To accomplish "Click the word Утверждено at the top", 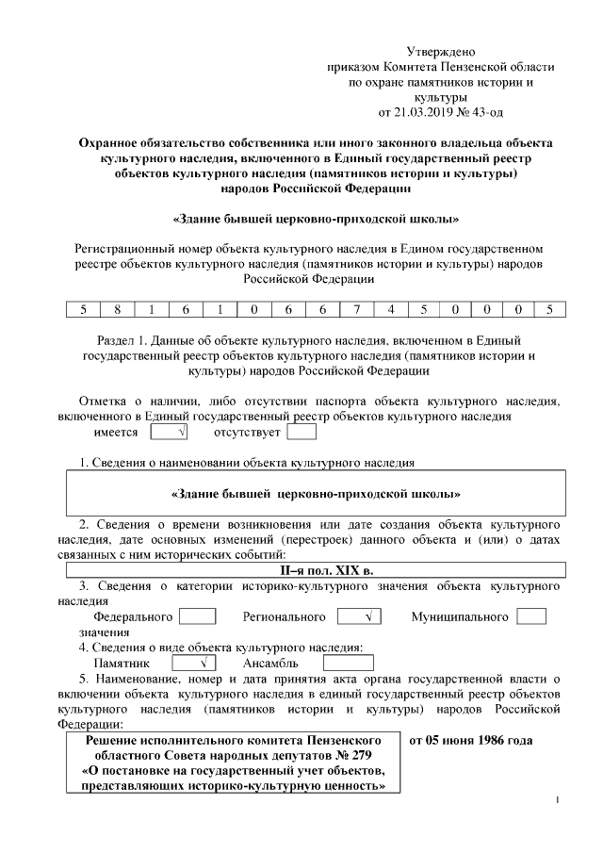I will coord(441,52).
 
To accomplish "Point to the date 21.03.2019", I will coord(424,112).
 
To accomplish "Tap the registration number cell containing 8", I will coord(119,309).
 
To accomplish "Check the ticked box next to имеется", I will coord(170,433).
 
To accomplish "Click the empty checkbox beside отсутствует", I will coord(301,433).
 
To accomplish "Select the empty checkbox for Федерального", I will coord(198,616).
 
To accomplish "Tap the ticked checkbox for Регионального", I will coord(357,616).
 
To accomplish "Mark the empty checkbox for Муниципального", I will coord(531,616).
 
